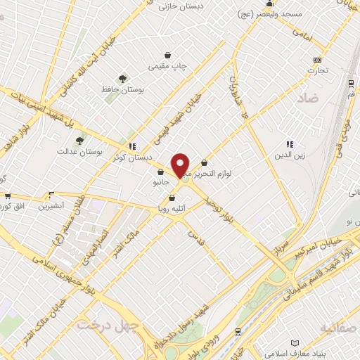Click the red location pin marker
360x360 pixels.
click(181, 165)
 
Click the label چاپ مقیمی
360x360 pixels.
click(168, 67)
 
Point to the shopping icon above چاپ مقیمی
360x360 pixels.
click(168, 55)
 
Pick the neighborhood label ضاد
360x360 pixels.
click(309, 99)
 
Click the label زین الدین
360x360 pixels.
click(289, 155)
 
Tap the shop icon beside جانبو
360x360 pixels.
click(161, 172)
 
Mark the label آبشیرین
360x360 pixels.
click(51, 206)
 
